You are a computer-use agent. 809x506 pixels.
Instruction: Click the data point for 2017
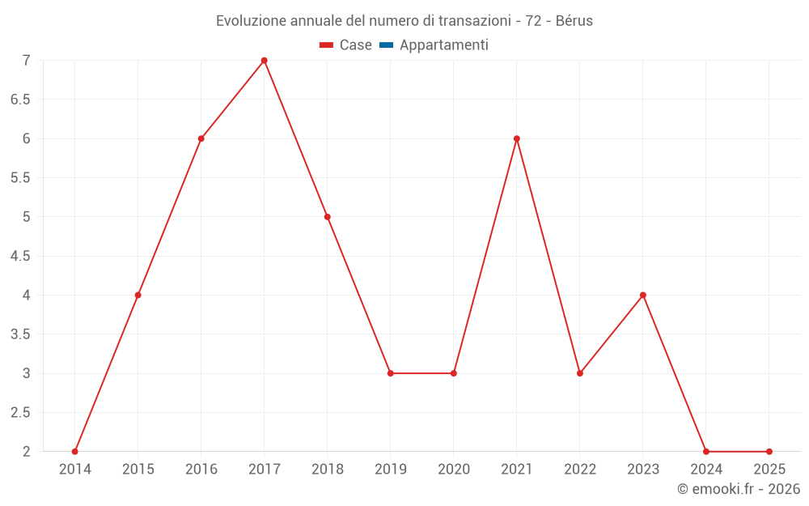[265, 61]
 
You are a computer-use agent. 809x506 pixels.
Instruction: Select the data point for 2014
[75, 452]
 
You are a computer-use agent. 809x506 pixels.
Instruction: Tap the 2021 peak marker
[517, 138]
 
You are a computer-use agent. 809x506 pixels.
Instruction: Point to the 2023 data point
[643, 295]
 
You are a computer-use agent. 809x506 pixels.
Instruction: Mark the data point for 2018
[328, 217]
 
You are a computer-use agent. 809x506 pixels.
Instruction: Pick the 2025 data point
[769, 452]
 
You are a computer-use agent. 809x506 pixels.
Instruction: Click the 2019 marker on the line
[391, 373]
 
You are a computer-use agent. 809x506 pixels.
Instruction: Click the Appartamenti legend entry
[443, 45]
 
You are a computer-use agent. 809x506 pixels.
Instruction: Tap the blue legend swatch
[386, 45]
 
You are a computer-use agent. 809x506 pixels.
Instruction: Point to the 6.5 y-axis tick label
[20, 100]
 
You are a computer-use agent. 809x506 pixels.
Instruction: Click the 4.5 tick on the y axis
[20, 256]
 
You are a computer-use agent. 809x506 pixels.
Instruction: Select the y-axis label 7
[26, 61]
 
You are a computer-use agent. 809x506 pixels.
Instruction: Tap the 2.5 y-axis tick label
[20, 413]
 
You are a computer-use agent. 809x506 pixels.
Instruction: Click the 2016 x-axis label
[201, 470]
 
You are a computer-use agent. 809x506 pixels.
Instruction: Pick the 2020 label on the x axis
[454, 470]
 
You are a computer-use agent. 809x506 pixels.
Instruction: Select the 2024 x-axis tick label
[706, 470]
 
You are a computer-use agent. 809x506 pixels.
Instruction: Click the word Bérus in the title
[574, 21]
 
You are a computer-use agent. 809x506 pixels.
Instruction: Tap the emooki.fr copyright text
[739, 489]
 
